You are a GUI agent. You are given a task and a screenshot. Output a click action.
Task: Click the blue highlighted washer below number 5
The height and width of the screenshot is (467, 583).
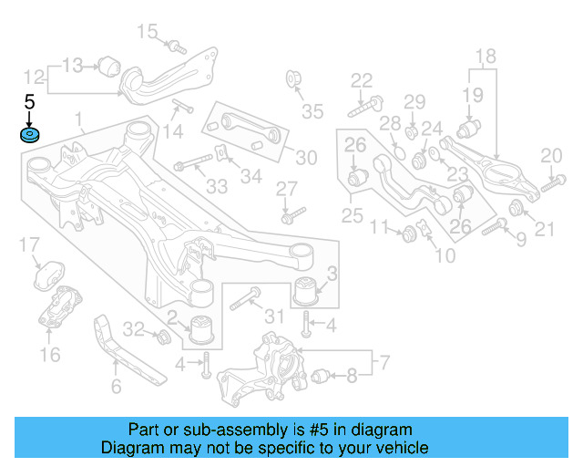coord(29,136)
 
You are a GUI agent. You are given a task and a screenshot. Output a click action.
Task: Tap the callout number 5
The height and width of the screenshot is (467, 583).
coord(29,102)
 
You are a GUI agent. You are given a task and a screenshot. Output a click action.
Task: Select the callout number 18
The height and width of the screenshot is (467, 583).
coord(486,56)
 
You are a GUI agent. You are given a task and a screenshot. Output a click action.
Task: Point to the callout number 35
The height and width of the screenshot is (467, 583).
coord(312,112)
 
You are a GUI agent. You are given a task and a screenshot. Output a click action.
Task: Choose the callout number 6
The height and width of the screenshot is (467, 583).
coord(116,387)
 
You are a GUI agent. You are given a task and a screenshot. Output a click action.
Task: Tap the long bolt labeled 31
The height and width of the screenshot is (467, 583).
coord(246,298)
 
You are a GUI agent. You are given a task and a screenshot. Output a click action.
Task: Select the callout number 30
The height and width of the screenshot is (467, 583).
coord(306,157)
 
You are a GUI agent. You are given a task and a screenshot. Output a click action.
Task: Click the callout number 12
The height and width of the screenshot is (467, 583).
coord(34,77)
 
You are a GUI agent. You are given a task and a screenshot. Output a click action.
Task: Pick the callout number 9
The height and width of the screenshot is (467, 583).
coord(521,239)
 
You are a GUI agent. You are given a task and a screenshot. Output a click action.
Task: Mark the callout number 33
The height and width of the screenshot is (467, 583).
coord(216,187)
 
